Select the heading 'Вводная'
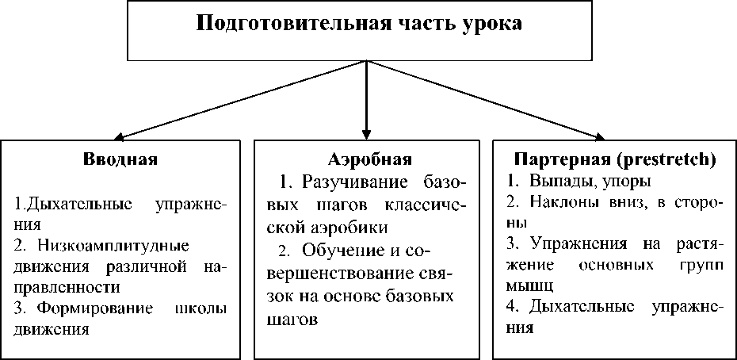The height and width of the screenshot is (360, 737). tap(120, 159)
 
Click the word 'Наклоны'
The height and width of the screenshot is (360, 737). tap(563, 203)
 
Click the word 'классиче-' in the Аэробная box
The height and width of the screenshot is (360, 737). tap(428, 206)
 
